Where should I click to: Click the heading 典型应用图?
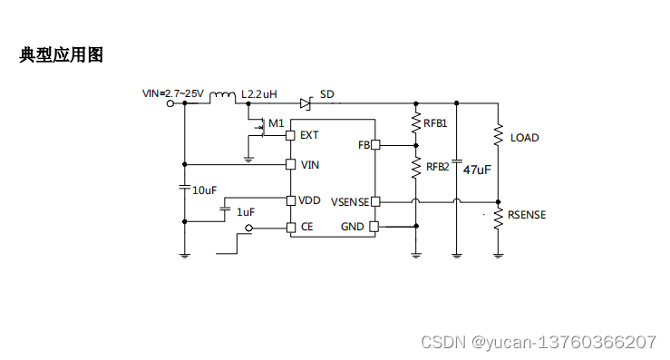pos(62,55)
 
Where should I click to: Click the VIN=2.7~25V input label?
pos(174,93)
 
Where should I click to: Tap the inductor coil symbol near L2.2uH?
pos(222,96)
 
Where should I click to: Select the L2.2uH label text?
pos(258,94)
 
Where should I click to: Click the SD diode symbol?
pos(306,102)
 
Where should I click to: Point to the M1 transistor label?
pos(277,122)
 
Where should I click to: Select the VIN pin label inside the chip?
pos(309,164)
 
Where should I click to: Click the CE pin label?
pos(306,227)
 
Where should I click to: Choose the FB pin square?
pos(374,145)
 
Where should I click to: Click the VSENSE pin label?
pos(348,201)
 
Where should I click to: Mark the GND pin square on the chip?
pos(374,227)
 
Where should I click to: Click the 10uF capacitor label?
pos(204,190)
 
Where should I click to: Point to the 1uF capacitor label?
pos(245,211)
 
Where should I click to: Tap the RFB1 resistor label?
pos(436,122)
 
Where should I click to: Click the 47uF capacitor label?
pos(477,170)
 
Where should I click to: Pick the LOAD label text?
pos(524,138)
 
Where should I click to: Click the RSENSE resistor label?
pos(527,215)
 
